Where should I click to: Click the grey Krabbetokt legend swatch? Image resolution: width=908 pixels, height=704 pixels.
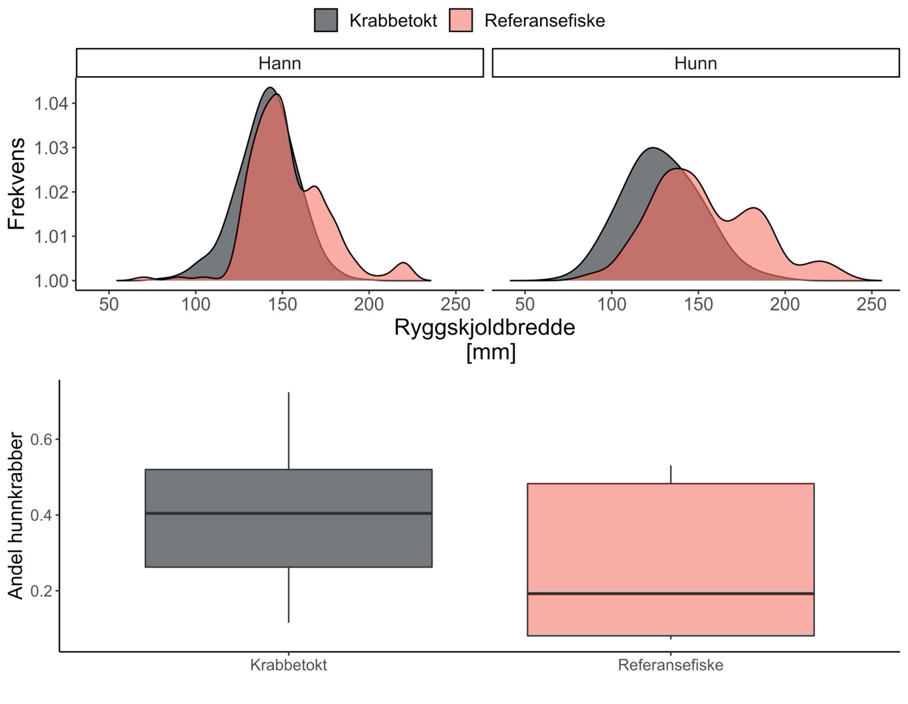tap(326, 20)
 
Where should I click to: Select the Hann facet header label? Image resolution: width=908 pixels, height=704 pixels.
tap(279, 64)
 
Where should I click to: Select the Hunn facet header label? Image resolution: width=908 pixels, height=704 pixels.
tap(695, 64)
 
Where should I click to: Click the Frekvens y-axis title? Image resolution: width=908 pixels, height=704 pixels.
tap(16, 183)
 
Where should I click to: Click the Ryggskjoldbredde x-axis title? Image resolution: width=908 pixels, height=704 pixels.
tap(484, 327)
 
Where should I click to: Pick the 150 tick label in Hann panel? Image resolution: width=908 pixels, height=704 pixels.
tap(282, 304)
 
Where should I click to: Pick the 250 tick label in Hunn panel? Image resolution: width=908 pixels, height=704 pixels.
tap(871, 304)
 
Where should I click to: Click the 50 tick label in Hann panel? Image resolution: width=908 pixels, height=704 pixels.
tap(109, 304)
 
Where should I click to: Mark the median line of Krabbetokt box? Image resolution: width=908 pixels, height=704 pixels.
tap(288, 513)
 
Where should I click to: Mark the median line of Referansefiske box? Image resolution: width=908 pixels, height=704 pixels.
tap(670, 593)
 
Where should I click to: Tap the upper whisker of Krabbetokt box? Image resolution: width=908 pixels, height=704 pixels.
tap(288, 430)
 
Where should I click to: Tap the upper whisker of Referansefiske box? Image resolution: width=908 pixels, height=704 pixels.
tap(670, 474)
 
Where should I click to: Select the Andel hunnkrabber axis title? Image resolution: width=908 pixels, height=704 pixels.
tap(16, 516)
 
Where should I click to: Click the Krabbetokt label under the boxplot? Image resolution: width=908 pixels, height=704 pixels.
tap(288, 665)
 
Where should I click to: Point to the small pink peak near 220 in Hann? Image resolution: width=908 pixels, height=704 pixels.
tap(404, 265)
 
